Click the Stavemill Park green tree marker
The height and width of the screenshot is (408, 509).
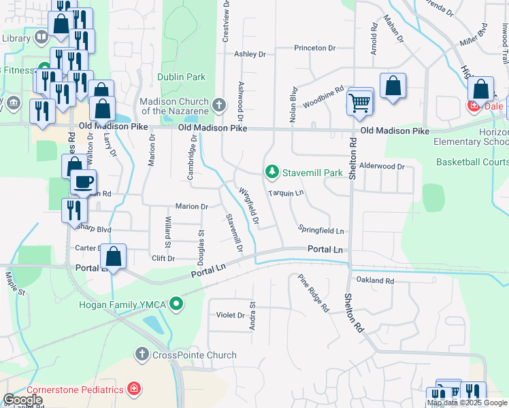coord(272,173)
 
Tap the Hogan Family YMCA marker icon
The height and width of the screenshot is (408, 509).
coord(177,303)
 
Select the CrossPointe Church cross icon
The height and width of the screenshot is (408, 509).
coord(142,355)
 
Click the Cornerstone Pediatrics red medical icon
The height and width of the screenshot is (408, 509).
coord(135,389)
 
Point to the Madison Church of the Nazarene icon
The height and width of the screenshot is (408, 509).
coord(218,105)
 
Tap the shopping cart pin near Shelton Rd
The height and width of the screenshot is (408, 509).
coord(360,103)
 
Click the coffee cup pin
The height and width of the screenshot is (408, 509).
coord(84,182)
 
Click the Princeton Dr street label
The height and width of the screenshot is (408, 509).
coord(315,48)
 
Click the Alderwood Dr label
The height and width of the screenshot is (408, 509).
coord(382,166)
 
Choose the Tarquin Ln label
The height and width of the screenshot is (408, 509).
coord(285,193)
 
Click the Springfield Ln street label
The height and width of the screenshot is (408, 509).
coord(321,231)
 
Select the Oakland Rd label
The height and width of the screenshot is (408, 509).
coord(375,280)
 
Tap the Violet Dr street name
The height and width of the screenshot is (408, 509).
coord(231,315)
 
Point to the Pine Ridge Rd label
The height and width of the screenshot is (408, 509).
coord(313,293)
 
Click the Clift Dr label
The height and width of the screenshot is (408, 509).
coord(163,258)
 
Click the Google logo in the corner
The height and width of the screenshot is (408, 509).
coord(23,400)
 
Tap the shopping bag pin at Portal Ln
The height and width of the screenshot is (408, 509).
coord(114,257)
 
